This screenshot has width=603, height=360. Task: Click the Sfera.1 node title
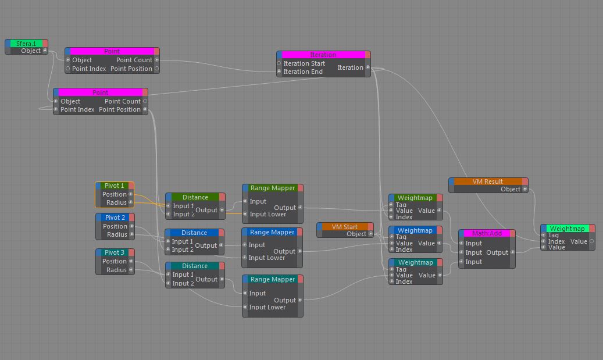26,43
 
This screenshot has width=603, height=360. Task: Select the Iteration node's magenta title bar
323,55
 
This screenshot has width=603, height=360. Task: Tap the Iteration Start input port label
304,63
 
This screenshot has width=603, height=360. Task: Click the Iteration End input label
303,72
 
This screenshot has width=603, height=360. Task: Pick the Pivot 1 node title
115,186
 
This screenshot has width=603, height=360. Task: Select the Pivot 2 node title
115,218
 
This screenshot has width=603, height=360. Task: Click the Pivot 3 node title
115,252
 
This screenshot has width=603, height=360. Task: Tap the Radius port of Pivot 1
116,203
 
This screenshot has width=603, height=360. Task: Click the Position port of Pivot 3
115,261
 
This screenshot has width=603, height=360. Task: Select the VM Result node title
487,181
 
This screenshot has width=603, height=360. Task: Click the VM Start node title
344,227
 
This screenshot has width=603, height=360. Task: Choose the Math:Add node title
487,233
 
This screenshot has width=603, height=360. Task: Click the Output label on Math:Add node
497,252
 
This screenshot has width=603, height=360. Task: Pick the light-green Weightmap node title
567,229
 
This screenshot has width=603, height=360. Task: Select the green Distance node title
195,197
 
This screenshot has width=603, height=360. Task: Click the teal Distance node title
195,266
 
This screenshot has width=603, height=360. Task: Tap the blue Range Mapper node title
272,232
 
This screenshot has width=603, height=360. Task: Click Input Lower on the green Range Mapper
268,214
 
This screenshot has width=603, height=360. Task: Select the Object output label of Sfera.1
31,51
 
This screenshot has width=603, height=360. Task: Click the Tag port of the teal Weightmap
401,269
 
